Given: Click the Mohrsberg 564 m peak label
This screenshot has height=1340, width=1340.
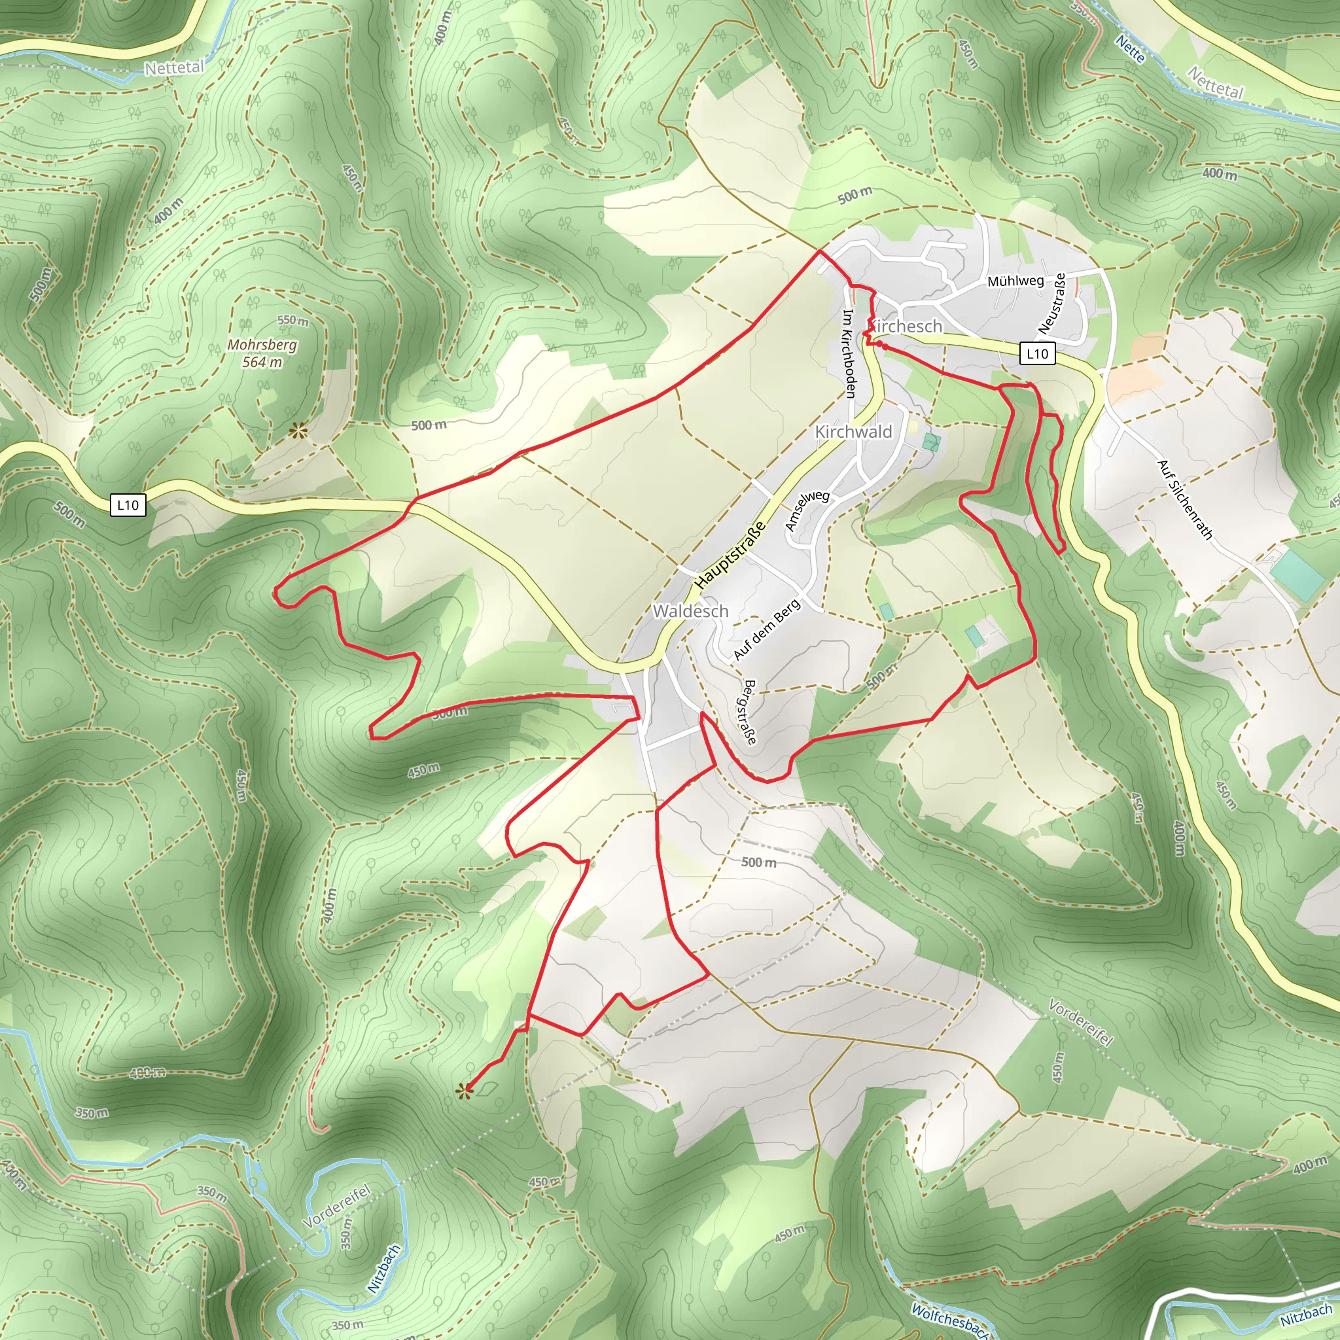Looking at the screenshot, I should pos(262,353).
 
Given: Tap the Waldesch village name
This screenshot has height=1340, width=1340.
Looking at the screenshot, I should pos(691,611).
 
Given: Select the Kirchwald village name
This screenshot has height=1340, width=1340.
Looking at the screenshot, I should pos(853,431).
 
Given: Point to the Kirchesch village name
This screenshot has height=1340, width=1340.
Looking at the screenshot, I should pos(906,326).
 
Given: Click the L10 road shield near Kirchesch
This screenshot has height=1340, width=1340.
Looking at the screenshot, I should pos(1038,354).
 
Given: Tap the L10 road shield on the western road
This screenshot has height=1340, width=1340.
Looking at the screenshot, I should pos(128,505).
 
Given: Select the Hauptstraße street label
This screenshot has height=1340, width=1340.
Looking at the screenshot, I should pos(730,555).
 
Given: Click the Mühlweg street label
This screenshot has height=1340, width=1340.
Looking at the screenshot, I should pos(1015,281).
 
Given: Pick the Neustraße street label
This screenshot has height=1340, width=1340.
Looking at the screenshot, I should pos(1052,303).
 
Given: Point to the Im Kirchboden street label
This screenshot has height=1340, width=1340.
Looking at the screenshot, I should pos(848,354).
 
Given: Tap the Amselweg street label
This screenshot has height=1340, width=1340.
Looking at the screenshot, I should pos(807,510).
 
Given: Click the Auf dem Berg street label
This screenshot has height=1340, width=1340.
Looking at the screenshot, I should pos(766,629).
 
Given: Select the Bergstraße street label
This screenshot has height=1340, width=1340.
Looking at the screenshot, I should pos(749,712).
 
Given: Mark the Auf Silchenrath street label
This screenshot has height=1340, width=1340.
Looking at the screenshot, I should pos(1186,499).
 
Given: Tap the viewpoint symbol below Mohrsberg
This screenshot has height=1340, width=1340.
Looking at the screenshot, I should pos(299,431).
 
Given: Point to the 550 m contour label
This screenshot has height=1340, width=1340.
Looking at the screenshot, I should pos(292,321).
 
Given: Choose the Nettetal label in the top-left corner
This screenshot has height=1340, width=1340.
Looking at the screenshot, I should pos(174,67).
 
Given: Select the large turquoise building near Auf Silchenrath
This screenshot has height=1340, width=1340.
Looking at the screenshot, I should pos(1296,576).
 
